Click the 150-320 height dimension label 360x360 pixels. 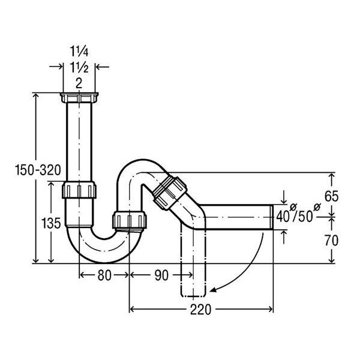coord(38,170)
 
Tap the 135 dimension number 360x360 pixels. coord(51,223)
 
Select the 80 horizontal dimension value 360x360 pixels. coord(104,275)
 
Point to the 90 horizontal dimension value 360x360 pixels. coord(161,275)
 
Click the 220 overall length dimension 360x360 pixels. coord(200,310)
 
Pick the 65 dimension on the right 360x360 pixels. coord(332,197)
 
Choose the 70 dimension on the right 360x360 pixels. coord(332,241)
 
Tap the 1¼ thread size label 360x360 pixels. coord(79,52)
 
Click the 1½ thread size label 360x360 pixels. coord(79,68)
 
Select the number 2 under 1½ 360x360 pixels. coord(79,83)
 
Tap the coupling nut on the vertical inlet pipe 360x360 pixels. coord(79,190)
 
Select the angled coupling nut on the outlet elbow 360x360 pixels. coord(170,193)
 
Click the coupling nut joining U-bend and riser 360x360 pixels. coord(130,221)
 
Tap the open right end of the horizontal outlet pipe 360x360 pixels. coord(272,217)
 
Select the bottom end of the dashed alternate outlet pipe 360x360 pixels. coord(193,295)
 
